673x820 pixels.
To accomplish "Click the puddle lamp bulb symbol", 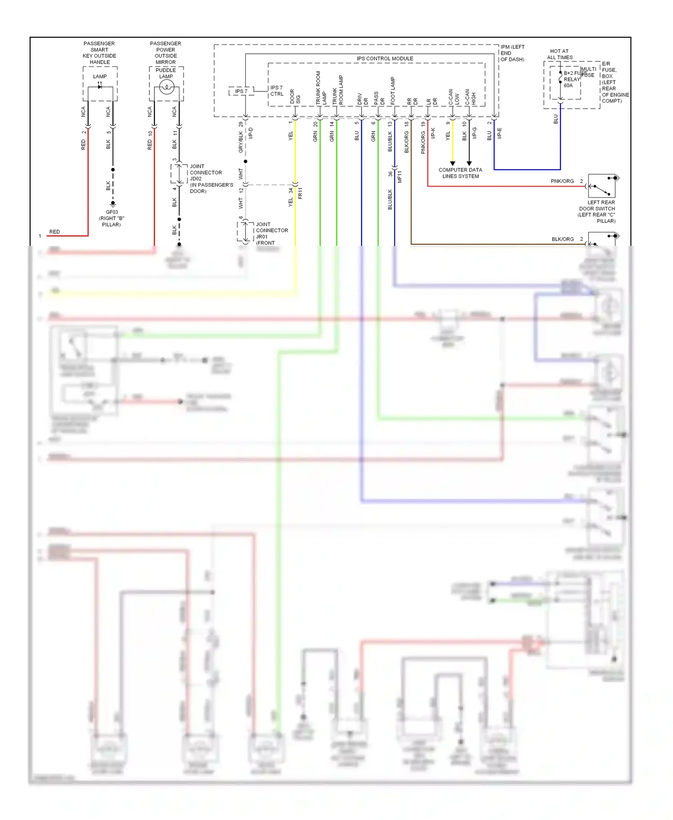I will click(x=166, y=87).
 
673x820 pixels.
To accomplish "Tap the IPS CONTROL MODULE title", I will click(x=385, y=59).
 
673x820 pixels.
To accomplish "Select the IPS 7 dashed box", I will click(x=241, y=91).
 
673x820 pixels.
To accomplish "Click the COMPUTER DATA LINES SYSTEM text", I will click(x=460, y=173).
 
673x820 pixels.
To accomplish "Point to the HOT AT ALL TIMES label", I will click(x=559, y=54).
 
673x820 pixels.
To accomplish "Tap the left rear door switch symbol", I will click(x=602, y=186).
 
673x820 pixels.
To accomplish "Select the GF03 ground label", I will click(x=111, y=218).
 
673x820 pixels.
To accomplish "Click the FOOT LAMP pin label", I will click(x=393, y=91).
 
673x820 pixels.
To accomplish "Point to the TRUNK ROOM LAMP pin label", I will click(x=321, y=88).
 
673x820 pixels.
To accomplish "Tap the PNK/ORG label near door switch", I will click(x=562, y=181).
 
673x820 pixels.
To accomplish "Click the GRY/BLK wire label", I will click(x=241, y=142).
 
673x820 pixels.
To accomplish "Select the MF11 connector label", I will click(x=399, y=177).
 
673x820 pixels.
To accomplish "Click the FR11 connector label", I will click(x=300, y=193).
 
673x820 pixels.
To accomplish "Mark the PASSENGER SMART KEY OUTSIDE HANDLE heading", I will click(x=99, y=53).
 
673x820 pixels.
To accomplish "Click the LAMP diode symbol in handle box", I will click(x=100, y=87).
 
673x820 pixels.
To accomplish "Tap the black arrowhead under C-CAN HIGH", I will click(x=469, y=164).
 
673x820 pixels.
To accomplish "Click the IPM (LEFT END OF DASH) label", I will click(x=512, y=53).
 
